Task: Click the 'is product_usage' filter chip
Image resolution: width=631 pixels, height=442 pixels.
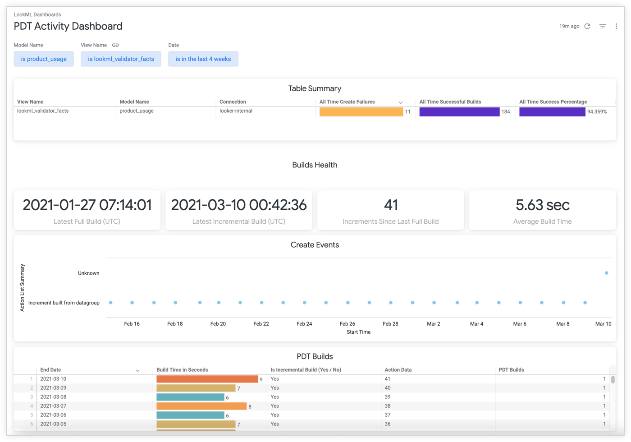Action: pos(44,59)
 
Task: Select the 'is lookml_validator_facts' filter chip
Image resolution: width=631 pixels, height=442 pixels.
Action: pos(121,59)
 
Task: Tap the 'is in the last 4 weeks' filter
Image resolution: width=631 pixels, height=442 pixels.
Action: pos(203,59)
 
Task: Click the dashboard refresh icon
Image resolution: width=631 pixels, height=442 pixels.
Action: pos(587,27)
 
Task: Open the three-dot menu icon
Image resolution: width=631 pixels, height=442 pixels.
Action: pos(616,27)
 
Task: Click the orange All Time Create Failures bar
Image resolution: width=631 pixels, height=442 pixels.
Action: pos(361,112)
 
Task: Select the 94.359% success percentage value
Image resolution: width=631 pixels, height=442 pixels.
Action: pos(597,112)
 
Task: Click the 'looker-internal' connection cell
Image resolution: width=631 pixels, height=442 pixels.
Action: pos(236,111)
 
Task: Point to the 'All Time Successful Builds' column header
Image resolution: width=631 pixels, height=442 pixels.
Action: pos(450,102)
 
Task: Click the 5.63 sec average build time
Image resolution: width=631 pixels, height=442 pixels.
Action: pos(542,205)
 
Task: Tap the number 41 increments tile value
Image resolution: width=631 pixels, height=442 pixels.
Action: pos(391,205)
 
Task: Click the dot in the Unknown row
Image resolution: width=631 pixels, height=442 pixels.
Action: pos(606,273)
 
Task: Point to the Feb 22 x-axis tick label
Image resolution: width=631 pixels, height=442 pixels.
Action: pos(261,324)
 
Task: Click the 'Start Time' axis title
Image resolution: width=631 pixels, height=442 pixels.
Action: pos(358,332)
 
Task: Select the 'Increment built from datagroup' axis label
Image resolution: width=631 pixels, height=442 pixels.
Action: pos(64,303)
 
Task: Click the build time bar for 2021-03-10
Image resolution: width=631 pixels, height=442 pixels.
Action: pos(207,379)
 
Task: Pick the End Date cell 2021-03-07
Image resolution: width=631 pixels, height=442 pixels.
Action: pos(53,406)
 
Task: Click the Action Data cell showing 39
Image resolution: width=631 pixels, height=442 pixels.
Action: pos(388,397)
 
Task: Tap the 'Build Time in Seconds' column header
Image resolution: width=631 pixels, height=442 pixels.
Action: pos(182,370)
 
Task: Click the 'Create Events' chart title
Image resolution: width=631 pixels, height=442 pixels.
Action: pos(315,245)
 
